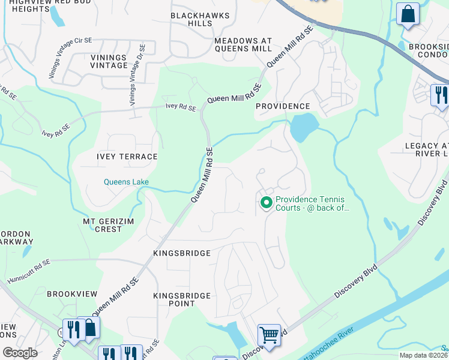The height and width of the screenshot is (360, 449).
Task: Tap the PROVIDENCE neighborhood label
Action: pos(283,106)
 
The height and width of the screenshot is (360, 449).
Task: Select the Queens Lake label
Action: pos(126,182)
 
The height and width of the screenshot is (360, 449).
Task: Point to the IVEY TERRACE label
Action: pos(127,157)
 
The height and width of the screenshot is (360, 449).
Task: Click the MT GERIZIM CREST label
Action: pos(103,225)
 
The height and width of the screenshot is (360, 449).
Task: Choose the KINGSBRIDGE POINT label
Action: pos(182,299)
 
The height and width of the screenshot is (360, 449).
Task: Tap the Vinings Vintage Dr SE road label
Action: pos(136,75)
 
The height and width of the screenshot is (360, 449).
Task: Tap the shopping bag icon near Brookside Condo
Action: pos(408,14)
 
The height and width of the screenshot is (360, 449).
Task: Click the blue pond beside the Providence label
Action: pos(304,126)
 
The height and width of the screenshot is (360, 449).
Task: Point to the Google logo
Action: pos(20,353)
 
